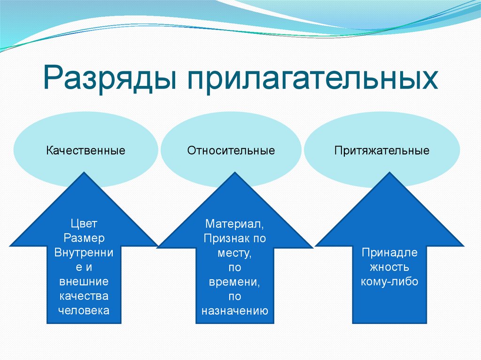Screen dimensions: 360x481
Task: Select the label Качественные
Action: [85, 151]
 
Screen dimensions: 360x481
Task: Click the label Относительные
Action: [231, 151]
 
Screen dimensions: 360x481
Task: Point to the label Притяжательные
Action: [382, 151]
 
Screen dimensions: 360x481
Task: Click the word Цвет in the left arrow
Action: [84, 223]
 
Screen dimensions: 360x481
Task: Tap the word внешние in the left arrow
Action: [84, 282]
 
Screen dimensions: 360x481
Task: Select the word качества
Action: [84, 296]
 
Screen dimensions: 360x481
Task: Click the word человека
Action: [84, 311]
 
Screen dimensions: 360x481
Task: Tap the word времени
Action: [234, 282]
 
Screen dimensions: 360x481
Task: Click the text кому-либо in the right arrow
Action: [389, 282]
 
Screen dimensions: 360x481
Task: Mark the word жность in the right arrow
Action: [389, 267]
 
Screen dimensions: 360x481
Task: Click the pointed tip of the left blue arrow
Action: [85, 174]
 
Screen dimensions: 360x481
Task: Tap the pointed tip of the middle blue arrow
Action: [234, 173]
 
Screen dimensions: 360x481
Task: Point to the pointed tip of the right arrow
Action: [389, 173]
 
